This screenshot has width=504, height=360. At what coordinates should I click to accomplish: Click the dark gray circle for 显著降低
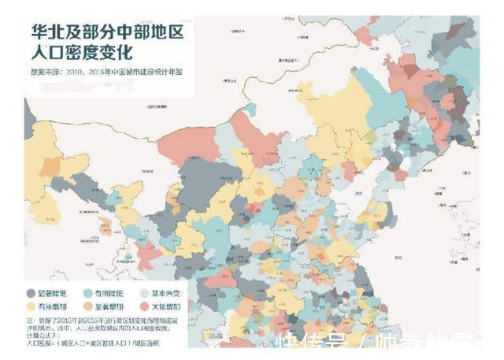click(31, 292)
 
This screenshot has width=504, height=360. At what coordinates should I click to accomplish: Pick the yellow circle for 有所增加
click(31, 307)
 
